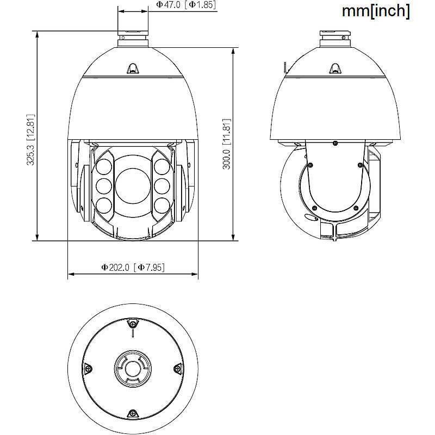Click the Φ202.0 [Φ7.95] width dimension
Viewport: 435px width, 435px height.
(133, 267)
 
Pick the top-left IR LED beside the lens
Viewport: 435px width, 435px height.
(104, 166)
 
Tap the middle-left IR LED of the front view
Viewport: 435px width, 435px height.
(104, 186)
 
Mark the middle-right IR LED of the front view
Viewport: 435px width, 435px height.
(161, 186)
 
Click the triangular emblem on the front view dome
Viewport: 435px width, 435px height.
(133, 68)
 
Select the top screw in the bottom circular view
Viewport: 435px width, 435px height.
(132, 324)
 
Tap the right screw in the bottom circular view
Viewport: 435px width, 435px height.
(177, 368)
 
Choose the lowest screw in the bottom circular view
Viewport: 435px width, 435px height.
(132, 413)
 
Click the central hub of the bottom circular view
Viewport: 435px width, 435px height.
(132, 368)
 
